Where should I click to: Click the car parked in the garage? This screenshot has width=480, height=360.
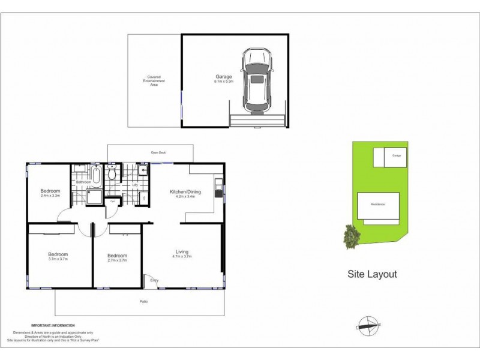[257, 81]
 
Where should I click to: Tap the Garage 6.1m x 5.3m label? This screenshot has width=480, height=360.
[223, 79]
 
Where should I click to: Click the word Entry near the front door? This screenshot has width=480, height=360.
[154, 280]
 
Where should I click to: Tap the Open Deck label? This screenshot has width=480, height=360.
[158, 152]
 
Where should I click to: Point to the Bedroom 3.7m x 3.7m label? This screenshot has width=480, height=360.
[58, 256]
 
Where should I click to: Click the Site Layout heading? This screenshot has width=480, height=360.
[372, 274]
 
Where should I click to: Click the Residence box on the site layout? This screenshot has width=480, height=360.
[377, 205]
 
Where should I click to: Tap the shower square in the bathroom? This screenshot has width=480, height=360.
[95, 196]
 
